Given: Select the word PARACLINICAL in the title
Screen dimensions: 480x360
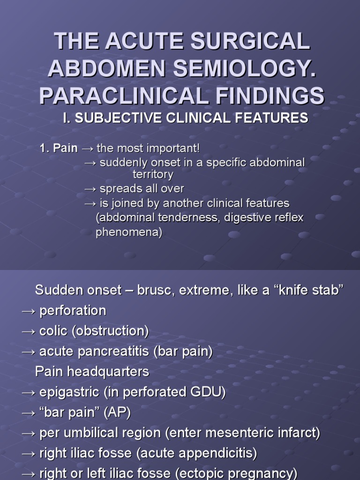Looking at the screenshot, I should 123,95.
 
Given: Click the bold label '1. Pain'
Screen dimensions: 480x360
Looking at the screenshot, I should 59,149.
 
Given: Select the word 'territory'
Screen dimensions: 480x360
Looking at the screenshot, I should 153,174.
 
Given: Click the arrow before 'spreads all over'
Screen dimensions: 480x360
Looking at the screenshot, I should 90,189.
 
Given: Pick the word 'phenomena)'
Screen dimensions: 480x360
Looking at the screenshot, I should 129,232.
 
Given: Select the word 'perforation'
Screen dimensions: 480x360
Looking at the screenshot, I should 73,310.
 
